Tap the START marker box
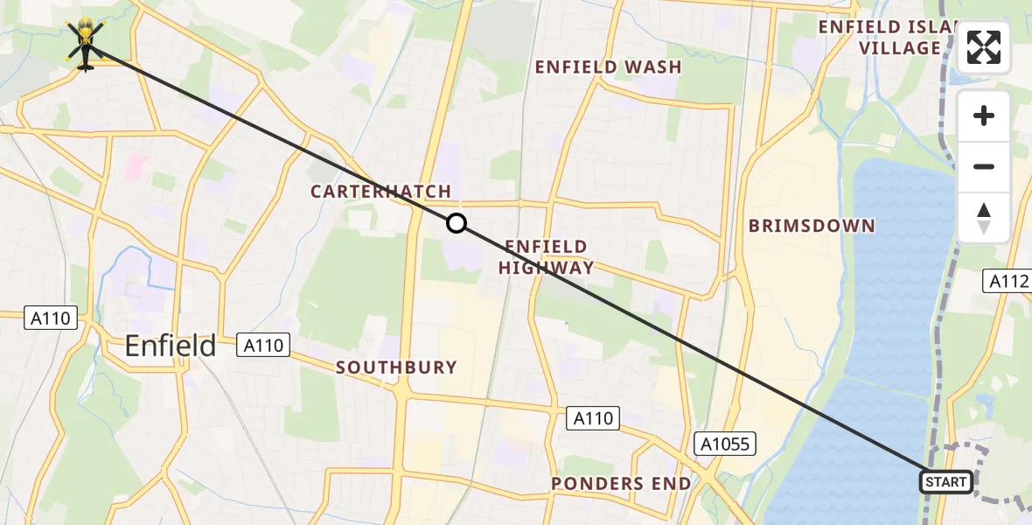[x=946, y=482]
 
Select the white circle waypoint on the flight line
[x=457, y=223]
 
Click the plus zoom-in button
[x=984, y=115]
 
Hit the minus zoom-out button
[x=984, y=166]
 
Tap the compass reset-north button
[x=984, y=217]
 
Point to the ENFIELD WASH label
[x=608, y=67]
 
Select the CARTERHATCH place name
[x=380, y=192]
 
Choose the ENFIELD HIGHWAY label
[x=546, y=257]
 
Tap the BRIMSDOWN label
[x=812, y=226]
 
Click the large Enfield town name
[x=171, y=346]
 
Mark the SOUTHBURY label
[x=397, y=367]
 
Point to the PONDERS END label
[x=621, y=484]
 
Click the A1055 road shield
[x=725, y=444]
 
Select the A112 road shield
[x=1008, y=281]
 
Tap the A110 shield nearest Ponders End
[x=593, y=419]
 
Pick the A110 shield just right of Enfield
[x=263, y=346]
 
